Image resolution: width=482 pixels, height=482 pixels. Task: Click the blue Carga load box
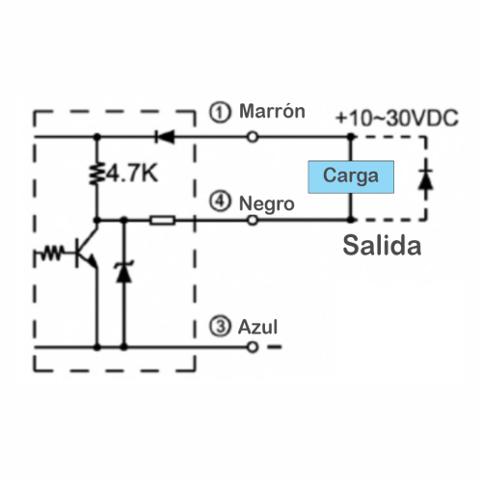click(x=351, y=176)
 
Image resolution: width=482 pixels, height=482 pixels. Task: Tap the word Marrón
click(x=272, y=111)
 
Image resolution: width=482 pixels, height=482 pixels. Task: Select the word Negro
click(x=267, y=203)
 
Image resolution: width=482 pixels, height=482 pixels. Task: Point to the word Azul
click(x=257, y=327)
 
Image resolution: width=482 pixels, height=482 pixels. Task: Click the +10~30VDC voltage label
click(x=397, y=118)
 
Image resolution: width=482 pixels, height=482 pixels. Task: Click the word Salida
click(x=382, y=246)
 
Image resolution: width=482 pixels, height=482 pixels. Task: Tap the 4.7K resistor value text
click(x=132, y=174)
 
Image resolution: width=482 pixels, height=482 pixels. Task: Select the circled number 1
click(x=220, y=112)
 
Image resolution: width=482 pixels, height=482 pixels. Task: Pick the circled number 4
click(x=220, y=201)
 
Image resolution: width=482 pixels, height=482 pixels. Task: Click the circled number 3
click(x=220, y=326)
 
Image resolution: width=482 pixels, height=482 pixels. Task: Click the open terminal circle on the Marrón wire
click(x=253, y=137)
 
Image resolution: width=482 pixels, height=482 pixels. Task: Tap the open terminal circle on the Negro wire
click(x=253, y=220)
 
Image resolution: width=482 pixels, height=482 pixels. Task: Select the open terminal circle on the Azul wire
click(x=253, y=347)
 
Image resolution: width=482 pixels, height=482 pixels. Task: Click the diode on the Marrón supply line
click(x=165, y=137)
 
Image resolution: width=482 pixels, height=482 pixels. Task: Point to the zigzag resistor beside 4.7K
click(x=96, y=174)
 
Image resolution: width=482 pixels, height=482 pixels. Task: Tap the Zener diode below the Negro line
click(x=123, y=272)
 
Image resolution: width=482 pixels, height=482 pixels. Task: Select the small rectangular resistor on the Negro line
click(x=163, y=221)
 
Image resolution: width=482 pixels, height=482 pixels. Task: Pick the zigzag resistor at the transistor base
click(x=51, y=253)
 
